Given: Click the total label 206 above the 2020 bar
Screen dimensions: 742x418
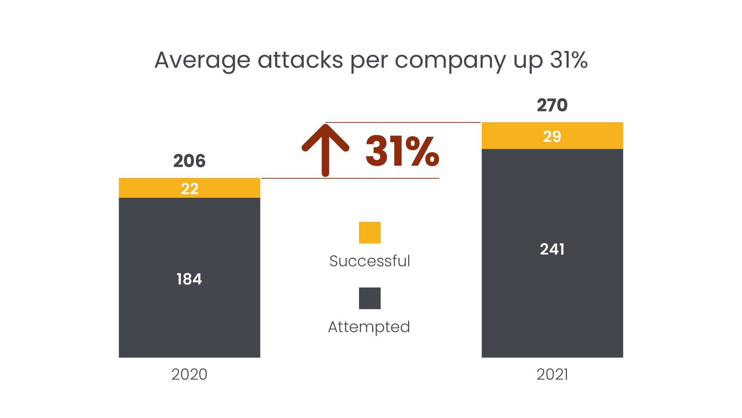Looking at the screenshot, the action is coord(189,161).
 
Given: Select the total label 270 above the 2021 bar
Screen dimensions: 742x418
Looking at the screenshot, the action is coord(552,105).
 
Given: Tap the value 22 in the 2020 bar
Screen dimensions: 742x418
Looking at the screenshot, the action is coord(189,188).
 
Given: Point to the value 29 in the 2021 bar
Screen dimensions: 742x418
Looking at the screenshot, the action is coord(552,136).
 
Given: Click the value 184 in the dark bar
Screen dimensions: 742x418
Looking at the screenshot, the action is coord(189,279).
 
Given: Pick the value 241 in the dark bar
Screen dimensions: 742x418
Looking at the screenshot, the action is coord(552,249).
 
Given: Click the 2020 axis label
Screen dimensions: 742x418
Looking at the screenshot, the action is coord(189,374).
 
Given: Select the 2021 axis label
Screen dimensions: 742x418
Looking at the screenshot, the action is coord(552,374).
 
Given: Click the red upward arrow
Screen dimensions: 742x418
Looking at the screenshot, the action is coord(325,150).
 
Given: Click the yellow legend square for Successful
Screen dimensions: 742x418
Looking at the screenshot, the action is coord(370,233).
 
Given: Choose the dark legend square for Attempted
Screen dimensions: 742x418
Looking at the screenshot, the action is coord(370,298).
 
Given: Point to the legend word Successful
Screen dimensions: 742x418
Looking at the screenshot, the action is coord(370,261).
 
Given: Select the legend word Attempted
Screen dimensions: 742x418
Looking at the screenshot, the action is coord(369,327).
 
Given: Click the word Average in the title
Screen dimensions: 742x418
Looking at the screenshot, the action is coord(203,61).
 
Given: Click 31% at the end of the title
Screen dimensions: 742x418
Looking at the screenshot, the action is coord(569,60).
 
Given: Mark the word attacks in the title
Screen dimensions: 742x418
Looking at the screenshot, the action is coord(300,60).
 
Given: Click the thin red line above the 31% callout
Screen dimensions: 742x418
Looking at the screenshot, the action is coord(403,122).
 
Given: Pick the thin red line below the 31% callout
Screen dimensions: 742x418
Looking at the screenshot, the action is coord(351,178).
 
